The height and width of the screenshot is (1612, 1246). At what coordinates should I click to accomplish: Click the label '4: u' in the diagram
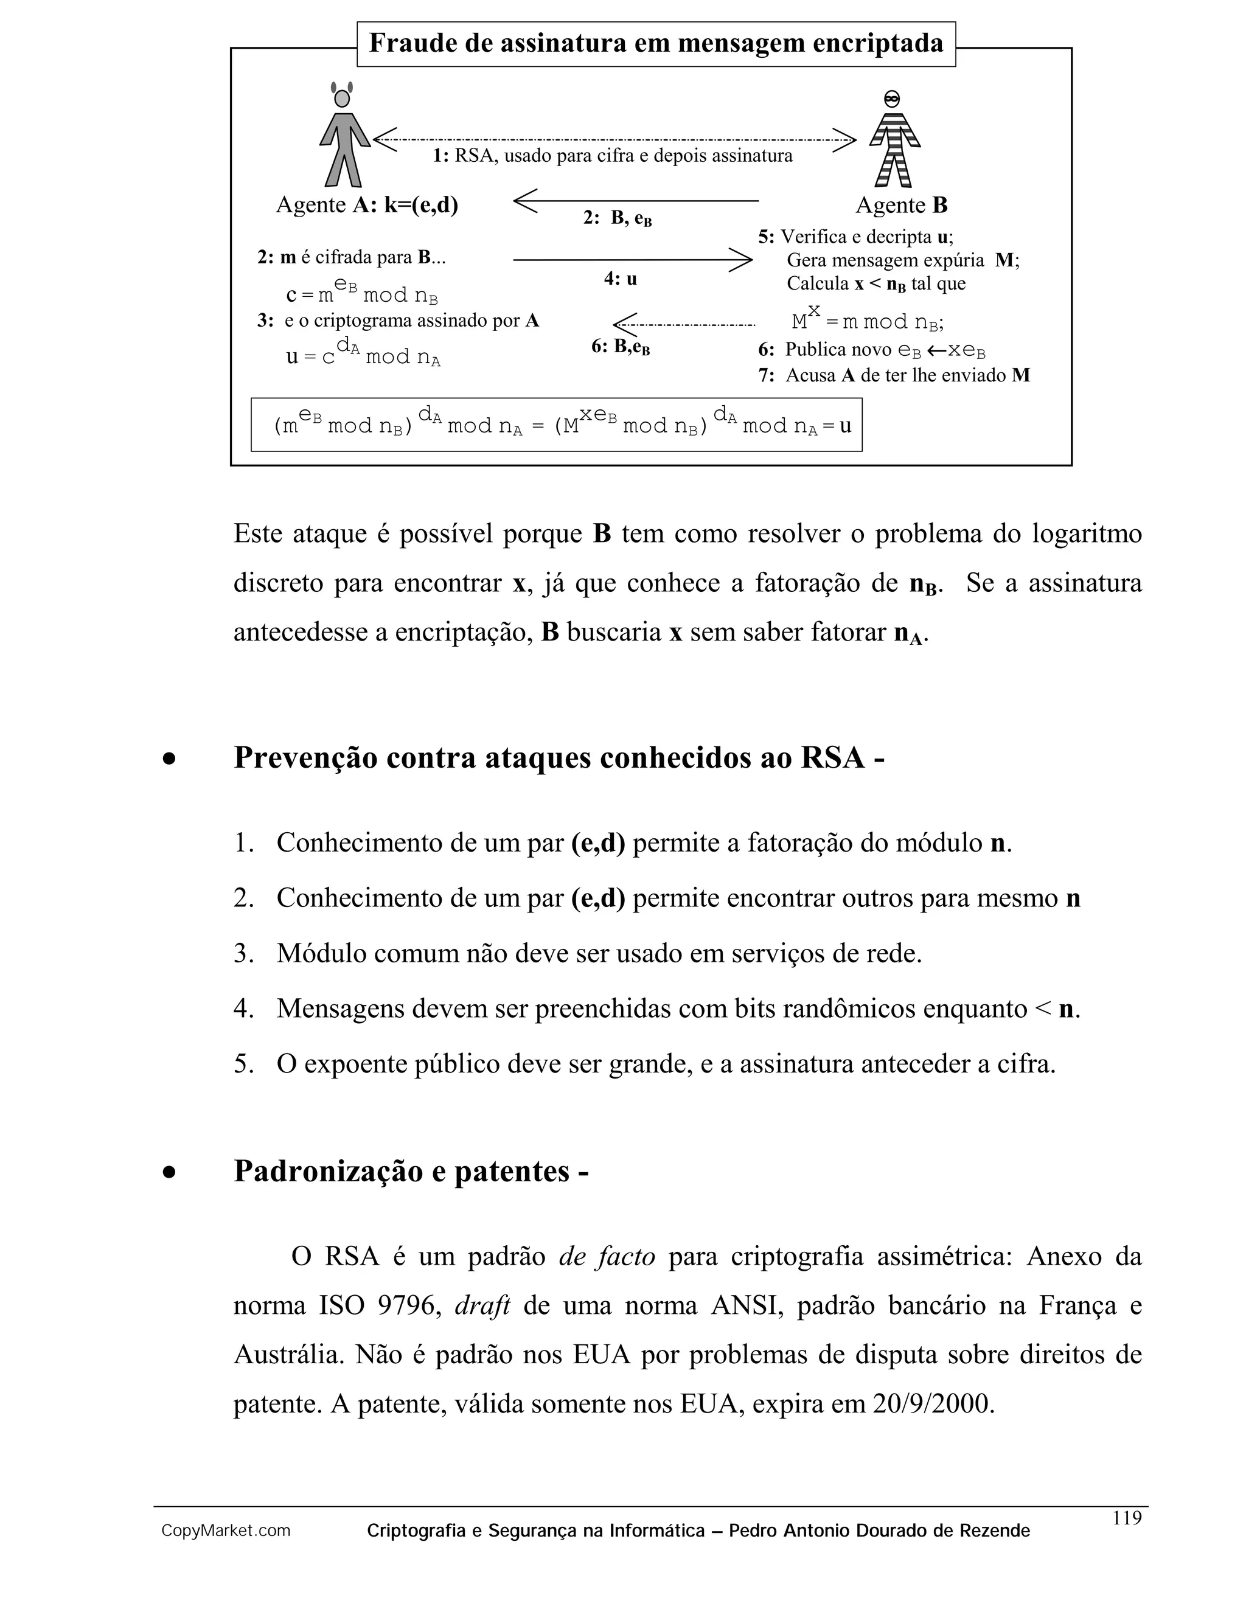pos(620,279)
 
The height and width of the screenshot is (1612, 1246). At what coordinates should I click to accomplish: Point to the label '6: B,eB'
pos(620,347)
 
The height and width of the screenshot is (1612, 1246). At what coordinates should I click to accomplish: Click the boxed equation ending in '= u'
pos(556,425)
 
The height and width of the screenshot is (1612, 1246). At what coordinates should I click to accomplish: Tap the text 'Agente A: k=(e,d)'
pos(367,205)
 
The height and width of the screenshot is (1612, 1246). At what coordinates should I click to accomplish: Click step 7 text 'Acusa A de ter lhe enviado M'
pos(894,376)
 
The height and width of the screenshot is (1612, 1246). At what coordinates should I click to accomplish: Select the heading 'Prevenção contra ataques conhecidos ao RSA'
pos(559,758)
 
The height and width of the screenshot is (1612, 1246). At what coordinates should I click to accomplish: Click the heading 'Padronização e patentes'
pos(411,1172)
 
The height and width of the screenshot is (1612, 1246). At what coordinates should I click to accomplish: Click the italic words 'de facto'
pos(607,1256)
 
